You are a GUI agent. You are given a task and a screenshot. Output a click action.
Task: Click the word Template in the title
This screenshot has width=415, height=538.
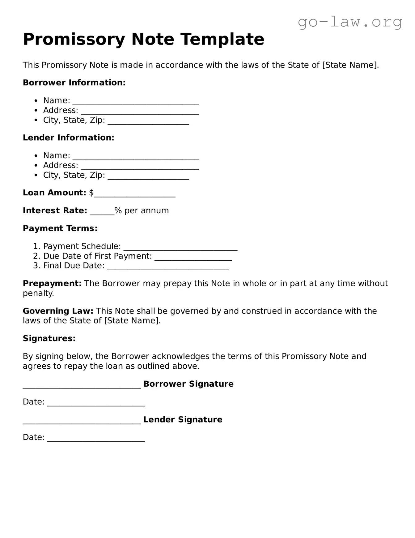(222, 39)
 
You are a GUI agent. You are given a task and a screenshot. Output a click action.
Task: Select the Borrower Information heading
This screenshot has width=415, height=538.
(74, 83)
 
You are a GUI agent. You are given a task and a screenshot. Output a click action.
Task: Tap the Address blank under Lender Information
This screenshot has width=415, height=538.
(139, 167)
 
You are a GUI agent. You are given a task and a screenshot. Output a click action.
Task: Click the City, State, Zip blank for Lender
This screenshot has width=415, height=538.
(148, 177)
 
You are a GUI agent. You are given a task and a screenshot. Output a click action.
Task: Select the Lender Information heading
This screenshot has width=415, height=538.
(69, 138)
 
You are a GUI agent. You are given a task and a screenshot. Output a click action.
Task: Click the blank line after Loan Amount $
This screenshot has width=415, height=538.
(135, 194)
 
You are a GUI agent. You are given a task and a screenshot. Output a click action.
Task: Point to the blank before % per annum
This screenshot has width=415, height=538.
(102, 212)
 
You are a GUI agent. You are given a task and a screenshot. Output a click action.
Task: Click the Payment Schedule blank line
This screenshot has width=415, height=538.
(180, 248)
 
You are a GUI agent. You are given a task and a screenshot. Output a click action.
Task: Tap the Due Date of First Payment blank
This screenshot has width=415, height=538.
(193, 258)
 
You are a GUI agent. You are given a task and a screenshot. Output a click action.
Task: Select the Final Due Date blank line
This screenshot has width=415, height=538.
(168, 267)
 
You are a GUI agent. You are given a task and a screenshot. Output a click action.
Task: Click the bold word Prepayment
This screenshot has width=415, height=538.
(52, 284)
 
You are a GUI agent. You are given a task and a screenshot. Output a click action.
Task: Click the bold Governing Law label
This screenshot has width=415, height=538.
(58, 311)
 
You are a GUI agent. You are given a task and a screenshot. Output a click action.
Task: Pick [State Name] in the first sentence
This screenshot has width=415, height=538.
(350, 65)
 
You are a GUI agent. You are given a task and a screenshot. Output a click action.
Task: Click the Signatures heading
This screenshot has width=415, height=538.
(49, 339)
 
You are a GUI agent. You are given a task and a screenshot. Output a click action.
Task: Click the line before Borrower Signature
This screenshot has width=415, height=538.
(82, 385)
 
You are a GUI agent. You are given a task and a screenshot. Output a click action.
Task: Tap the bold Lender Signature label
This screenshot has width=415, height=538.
(183, 420)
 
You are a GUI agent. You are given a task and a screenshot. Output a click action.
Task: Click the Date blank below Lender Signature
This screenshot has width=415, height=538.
(96, 439)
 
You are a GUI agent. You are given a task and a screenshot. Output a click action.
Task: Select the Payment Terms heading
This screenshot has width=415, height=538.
(60, 228)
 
